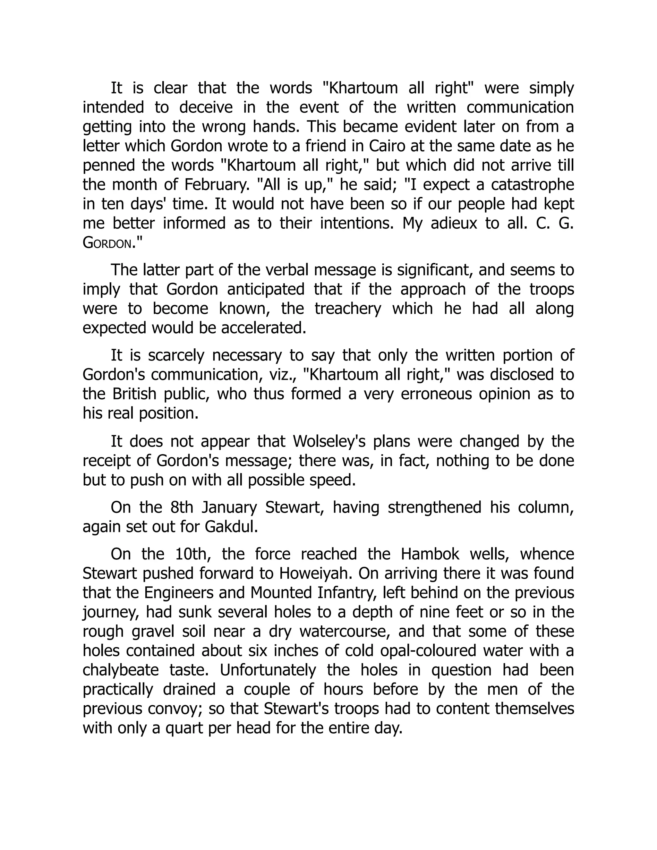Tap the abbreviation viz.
279,375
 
